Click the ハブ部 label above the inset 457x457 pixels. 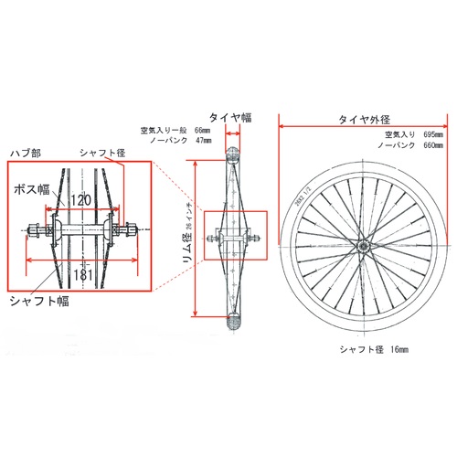point(25,153)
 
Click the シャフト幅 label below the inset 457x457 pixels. point(39,301)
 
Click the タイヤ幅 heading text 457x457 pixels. point(231,116)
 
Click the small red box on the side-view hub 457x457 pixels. point(232,240)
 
